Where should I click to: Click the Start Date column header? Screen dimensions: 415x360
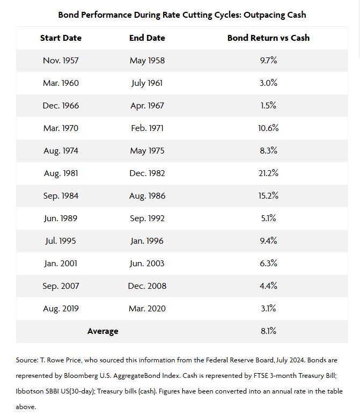click(61, 38)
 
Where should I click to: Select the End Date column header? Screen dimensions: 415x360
click(147, 38)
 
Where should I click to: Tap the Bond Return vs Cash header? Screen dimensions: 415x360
click(268, 38)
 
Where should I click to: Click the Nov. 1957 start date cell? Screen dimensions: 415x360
click(61, 61)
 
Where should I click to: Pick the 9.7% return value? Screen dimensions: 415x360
click(268, 61)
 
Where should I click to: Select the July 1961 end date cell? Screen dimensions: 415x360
click(147, 83)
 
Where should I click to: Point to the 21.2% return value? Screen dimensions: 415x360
click(268, 173)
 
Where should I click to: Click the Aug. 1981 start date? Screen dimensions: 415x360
click(61, 173)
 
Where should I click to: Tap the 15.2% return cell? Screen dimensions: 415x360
click(268, 196)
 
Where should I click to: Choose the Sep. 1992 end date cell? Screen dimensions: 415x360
click(147, 219)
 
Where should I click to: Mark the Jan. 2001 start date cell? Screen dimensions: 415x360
click(61, 264)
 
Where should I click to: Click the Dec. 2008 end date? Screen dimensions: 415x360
click(147, 286)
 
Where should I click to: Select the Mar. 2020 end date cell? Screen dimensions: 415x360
click(147, 309)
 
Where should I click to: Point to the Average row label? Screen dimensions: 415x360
click(102, 331)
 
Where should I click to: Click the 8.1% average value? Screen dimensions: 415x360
click(268, 331)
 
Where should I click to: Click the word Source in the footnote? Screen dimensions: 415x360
click(26, 360)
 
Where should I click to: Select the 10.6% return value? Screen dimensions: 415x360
click(268, 128)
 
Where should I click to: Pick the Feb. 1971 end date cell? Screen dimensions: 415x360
click(147, 128)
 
